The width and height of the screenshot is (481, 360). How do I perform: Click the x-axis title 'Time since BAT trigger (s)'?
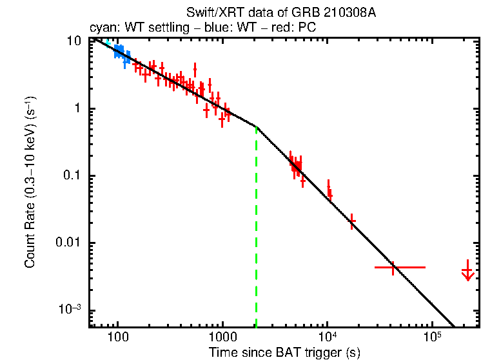pyautogui.click(x=284, y=352)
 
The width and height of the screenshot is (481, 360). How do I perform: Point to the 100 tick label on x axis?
pyautogui.click(x=117, y=337)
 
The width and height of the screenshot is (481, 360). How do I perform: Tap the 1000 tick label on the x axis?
pyautogui.click(x=222, y=337)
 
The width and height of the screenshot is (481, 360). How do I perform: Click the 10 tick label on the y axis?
pyautogui.click(x=74, y=41)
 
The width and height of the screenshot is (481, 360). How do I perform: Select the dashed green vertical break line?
pyautogui.click(x=257, y=226)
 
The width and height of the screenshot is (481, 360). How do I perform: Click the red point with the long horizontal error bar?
pyautogui.click(x=392, y=266)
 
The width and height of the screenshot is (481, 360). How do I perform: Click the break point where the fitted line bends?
pyautogui.click(x=257, y=126)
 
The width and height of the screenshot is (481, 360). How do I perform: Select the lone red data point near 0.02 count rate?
pyautogui.click(x=352, y=221)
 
